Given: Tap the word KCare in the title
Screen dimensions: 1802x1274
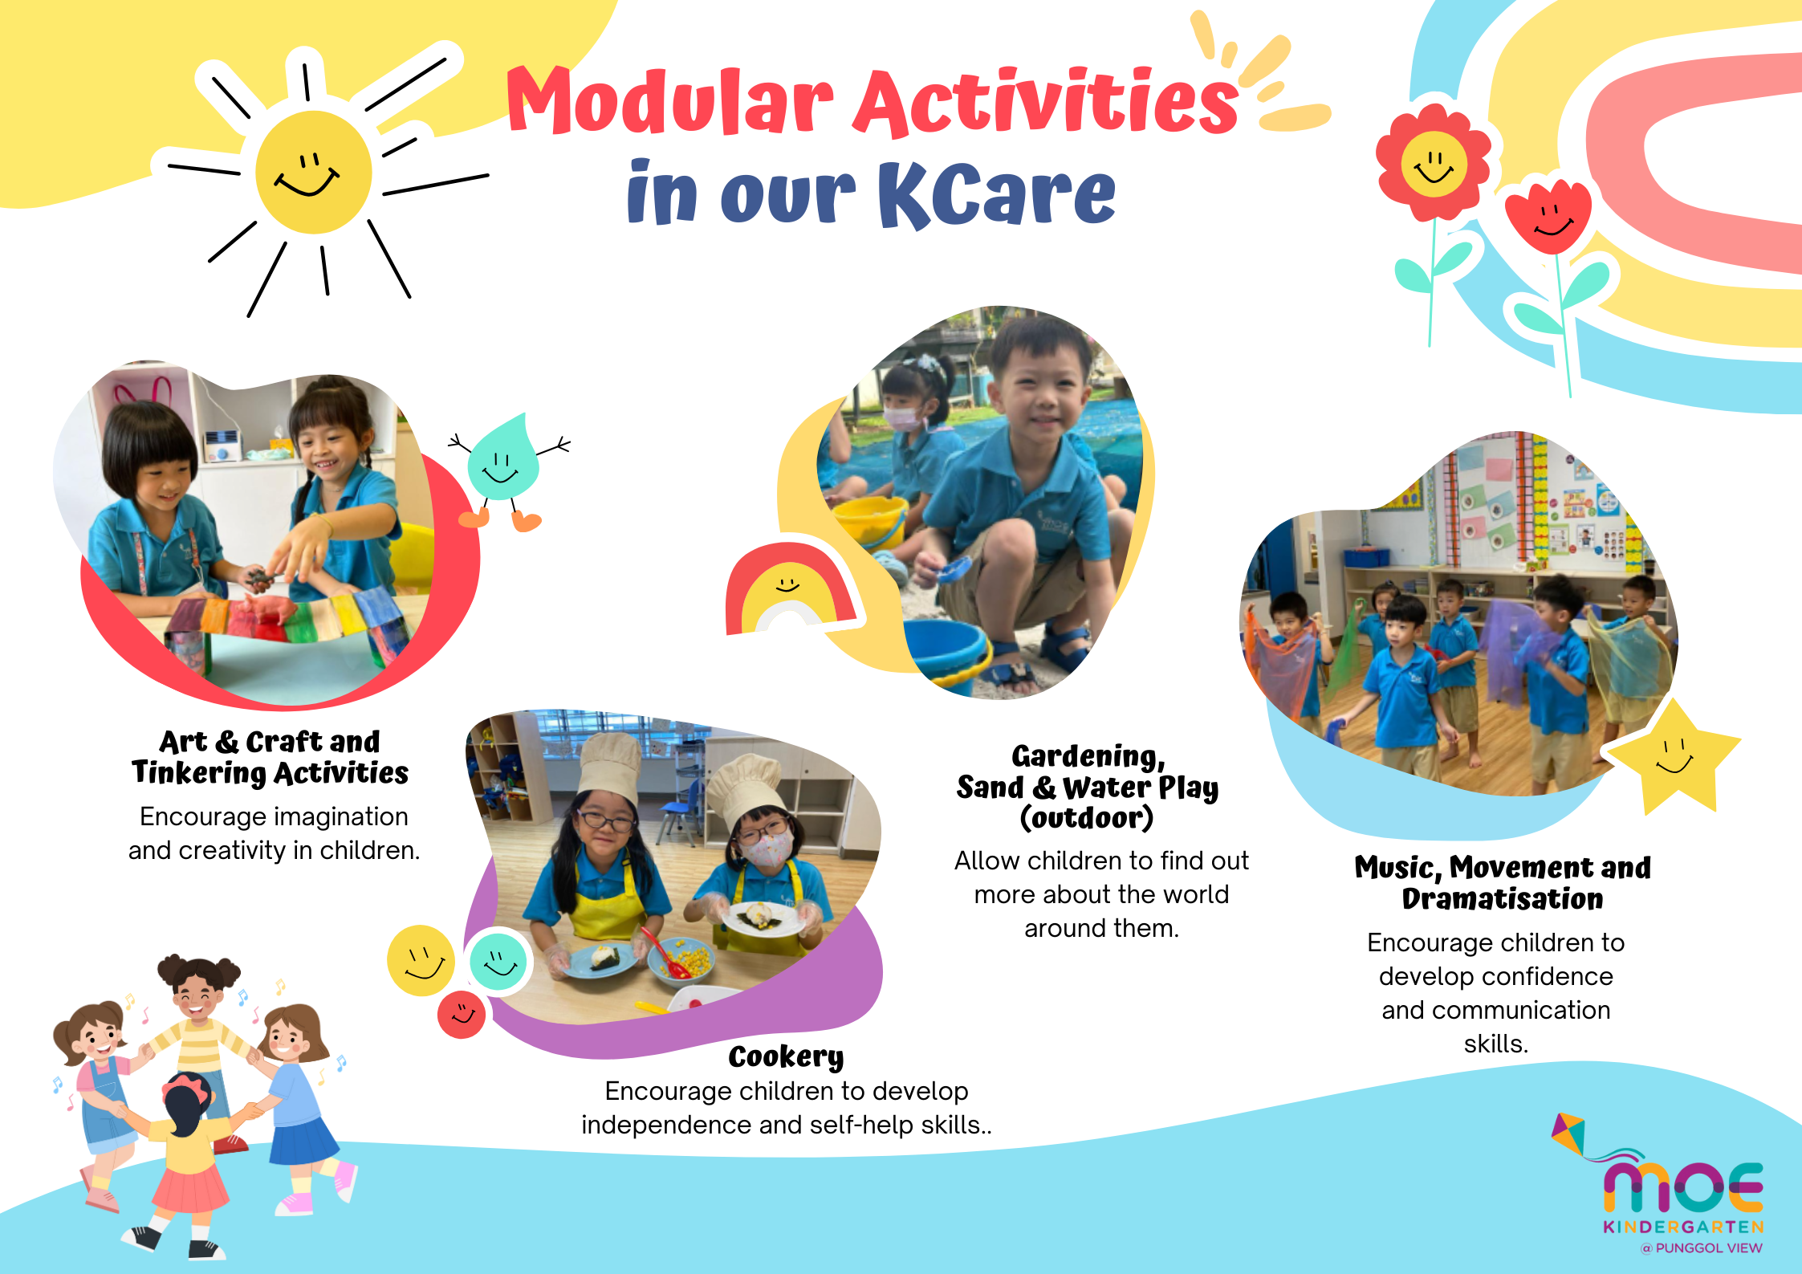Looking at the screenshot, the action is [x=996, y=194].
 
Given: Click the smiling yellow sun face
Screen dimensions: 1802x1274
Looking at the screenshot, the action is [x=314, y=172].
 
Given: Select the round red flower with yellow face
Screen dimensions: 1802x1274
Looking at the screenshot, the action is [x=1434, y=163].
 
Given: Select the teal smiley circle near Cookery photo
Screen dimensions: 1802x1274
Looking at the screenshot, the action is [x=498, y=961].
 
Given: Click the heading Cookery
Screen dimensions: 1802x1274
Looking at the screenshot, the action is [x=786, y=1056].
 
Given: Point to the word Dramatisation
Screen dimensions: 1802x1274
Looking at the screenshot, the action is [x=1503, y=899].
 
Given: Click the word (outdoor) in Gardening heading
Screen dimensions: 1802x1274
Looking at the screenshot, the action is [x=1087, y=818].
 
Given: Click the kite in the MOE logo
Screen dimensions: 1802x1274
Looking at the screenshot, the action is [x=1569, y=1134].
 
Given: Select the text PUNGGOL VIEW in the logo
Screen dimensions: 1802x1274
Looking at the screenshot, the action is [x=1709, y=1248].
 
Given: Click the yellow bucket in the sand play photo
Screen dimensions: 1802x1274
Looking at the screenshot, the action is [x=870, y=519].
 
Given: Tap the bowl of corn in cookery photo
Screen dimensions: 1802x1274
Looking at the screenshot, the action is [x=683, y=960].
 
